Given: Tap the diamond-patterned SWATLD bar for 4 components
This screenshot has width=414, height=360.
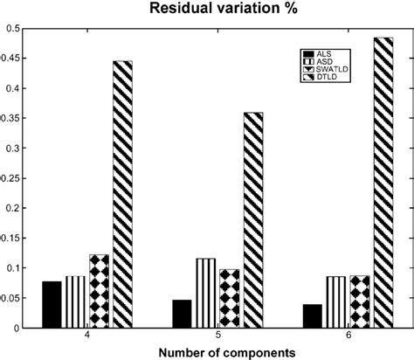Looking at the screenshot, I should point(99,291).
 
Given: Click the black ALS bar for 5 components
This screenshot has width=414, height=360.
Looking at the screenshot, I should point(182,314).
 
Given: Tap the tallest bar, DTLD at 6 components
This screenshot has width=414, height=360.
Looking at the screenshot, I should point(383,183).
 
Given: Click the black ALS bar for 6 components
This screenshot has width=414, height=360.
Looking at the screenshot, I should point(312,315).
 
